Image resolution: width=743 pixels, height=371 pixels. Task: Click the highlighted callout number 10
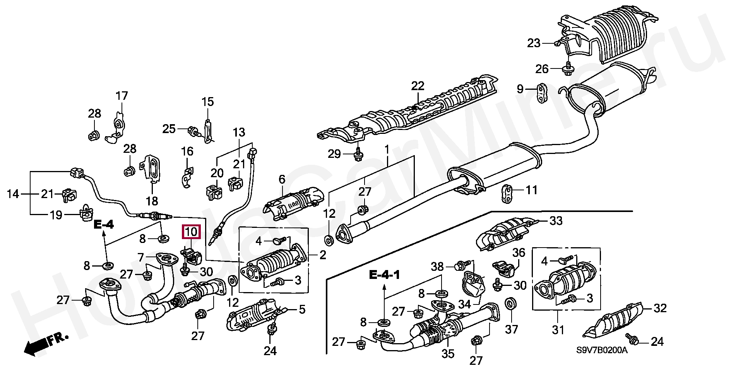[x=192, y=232]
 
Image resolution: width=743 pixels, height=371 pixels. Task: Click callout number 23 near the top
[x=534, y=43]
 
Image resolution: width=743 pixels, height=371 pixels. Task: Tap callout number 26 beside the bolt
[x=542, y=69]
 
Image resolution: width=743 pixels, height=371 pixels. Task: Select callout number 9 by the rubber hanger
[x=520, y=89]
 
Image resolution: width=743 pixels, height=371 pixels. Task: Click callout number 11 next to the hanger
[x=532, y=190]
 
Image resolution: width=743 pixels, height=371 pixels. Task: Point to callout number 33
[x=556, y=221]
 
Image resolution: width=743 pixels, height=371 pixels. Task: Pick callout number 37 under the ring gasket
[x=512, y=318]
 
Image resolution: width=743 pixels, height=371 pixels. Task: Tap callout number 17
[x=122, y=96]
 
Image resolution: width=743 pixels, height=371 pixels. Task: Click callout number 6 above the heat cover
[x=282, y=179]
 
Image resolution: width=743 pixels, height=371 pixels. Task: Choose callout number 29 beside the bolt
[x=334, y=154]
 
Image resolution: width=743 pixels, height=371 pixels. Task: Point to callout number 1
[x=386, y=149]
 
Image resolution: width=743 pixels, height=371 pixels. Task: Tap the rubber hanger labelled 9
[x=541, y=93]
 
